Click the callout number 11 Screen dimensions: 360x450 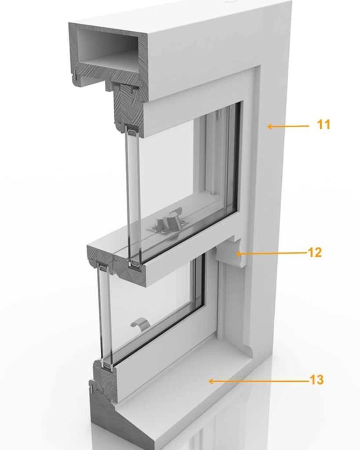click(x=324, y=125)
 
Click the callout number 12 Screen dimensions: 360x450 click(x=315, y=253)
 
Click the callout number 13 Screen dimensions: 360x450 click(x=316, y=380)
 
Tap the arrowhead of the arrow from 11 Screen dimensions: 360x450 click(x=270, y=126)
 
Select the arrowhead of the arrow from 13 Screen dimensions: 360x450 click(x=211, y=381)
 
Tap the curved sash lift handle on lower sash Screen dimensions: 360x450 click(x=140, y=323)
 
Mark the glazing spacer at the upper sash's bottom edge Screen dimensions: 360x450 click(x=135, y=263)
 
